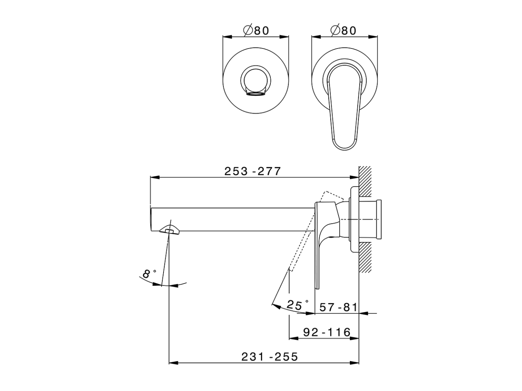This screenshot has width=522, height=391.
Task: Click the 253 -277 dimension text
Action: point(253,171)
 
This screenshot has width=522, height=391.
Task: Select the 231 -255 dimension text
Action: point(270,357)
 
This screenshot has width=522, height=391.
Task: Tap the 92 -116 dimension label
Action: point(327,332)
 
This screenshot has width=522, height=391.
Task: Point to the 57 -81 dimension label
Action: point(338,307)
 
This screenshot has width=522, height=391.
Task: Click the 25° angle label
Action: point(298,305)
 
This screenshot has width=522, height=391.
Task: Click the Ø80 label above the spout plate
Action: point(256,31)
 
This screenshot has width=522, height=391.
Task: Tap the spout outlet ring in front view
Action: point(256,81)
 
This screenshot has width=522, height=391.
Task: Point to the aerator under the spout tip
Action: point(169,230)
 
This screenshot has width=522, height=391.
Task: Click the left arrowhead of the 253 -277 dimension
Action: point(153,177)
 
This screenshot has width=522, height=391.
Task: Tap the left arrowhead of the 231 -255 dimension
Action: point(171,362)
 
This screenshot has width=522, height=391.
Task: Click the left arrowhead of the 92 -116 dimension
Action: point(291,338)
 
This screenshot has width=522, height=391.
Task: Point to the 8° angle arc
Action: point(163,284)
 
